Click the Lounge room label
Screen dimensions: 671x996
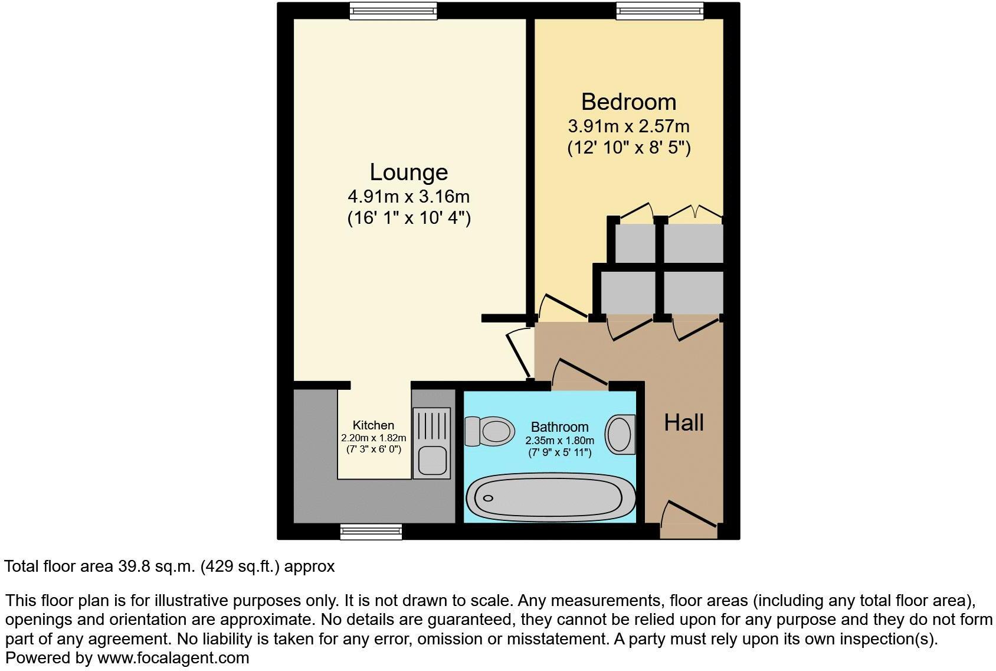pyautogui.click(x=408, y=172)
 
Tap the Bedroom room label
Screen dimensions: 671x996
pyautogui.click(x=628, y=102)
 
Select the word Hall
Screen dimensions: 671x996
pyautogui.click(x=684, y=422)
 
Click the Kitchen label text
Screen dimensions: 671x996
pyautogui.click(x=373, y=425)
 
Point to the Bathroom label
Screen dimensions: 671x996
pyautogui.click(x=559, y=426)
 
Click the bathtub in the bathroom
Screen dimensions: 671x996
pyautogui.click(x=551, y=498)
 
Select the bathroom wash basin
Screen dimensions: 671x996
pyautogui.click(x=620, y=434)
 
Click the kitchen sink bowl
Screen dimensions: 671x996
pyautogui.click(x=431, y=461)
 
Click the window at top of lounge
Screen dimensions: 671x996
pyautogui.click(x=393, y=11)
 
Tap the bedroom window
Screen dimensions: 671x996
pyautogui.click(x=660, y=11)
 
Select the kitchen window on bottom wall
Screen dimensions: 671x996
pyautogui.click(x=371, y=532)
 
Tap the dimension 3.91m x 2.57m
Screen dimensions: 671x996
pyautogui.click(x=628, y=126)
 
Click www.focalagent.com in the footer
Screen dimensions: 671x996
pyautogui.click(x=173, y=657)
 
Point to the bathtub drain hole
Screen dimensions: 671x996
pyautogui.click(x=488, y=498)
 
